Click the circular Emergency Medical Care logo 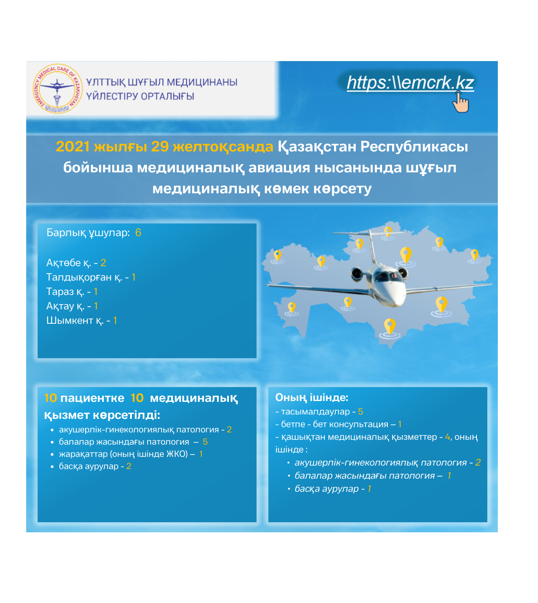coord(57,89)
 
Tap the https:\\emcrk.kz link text coord(410,82)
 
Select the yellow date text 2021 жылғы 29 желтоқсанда coord(164,147)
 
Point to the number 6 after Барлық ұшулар coord(138,233)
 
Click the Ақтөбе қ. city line coord(76,263)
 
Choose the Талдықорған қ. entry coord(90,277)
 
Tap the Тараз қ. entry coord(72,291)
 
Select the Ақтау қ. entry coord(72,306)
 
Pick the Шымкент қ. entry coord(81,320)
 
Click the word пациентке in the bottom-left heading coord(92,398)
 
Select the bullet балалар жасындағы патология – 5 coord(133,442)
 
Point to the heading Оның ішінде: coord(311,397)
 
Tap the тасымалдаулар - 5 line coord(319,411)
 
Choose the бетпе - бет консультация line coord(338,424)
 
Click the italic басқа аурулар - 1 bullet coord(332,489)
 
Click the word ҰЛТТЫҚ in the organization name coord(105,82)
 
